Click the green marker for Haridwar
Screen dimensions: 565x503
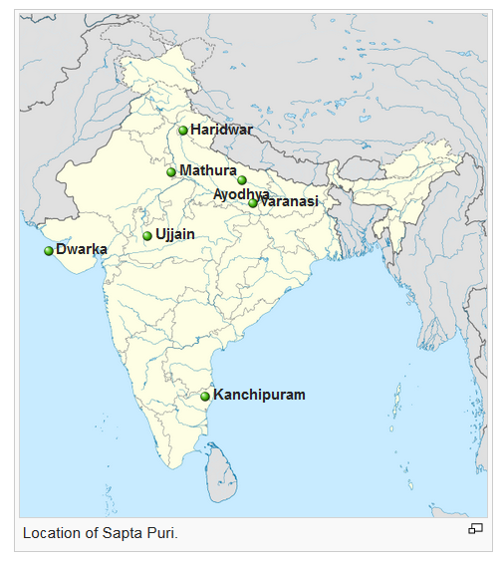pyautogui.click(x=183, y=131)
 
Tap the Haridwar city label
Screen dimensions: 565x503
pyautogui.click(x=221, y=130)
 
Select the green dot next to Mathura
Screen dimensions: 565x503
pyautogui.click(x=171, y=172)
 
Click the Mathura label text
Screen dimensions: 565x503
pyautogui.click(x=207, y=171)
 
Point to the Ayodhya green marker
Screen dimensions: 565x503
pyautogui.click(x=242, y=180)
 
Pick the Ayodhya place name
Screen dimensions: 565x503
pyautogui.click(x=241, y=193)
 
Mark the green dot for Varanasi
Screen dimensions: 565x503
pyautogui.click(x=253, y=203)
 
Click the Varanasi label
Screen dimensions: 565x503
pyautogui.click(x=289, y=201)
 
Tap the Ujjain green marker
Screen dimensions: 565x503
pyautogui.click(x=147, y=236)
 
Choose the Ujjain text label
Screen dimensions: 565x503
pyautogui.click(x=175, y=235)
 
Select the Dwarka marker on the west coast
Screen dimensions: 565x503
pyautogui.click(x=48, y=250)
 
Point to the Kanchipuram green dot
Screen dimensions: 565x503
pyautogui.click(x=205, y=397)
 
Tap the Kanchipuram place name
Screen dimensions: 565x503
pyautogui.click(x=259, y=396)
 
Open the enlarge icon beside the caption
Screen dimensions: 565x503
pyautogui.click(x=475, y=529)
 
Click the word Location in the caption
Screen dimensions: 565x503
pyautogui.click(x=51, y=533)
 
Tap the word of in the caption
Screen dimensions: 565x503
pyautogui.click(x=91, y=533)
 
